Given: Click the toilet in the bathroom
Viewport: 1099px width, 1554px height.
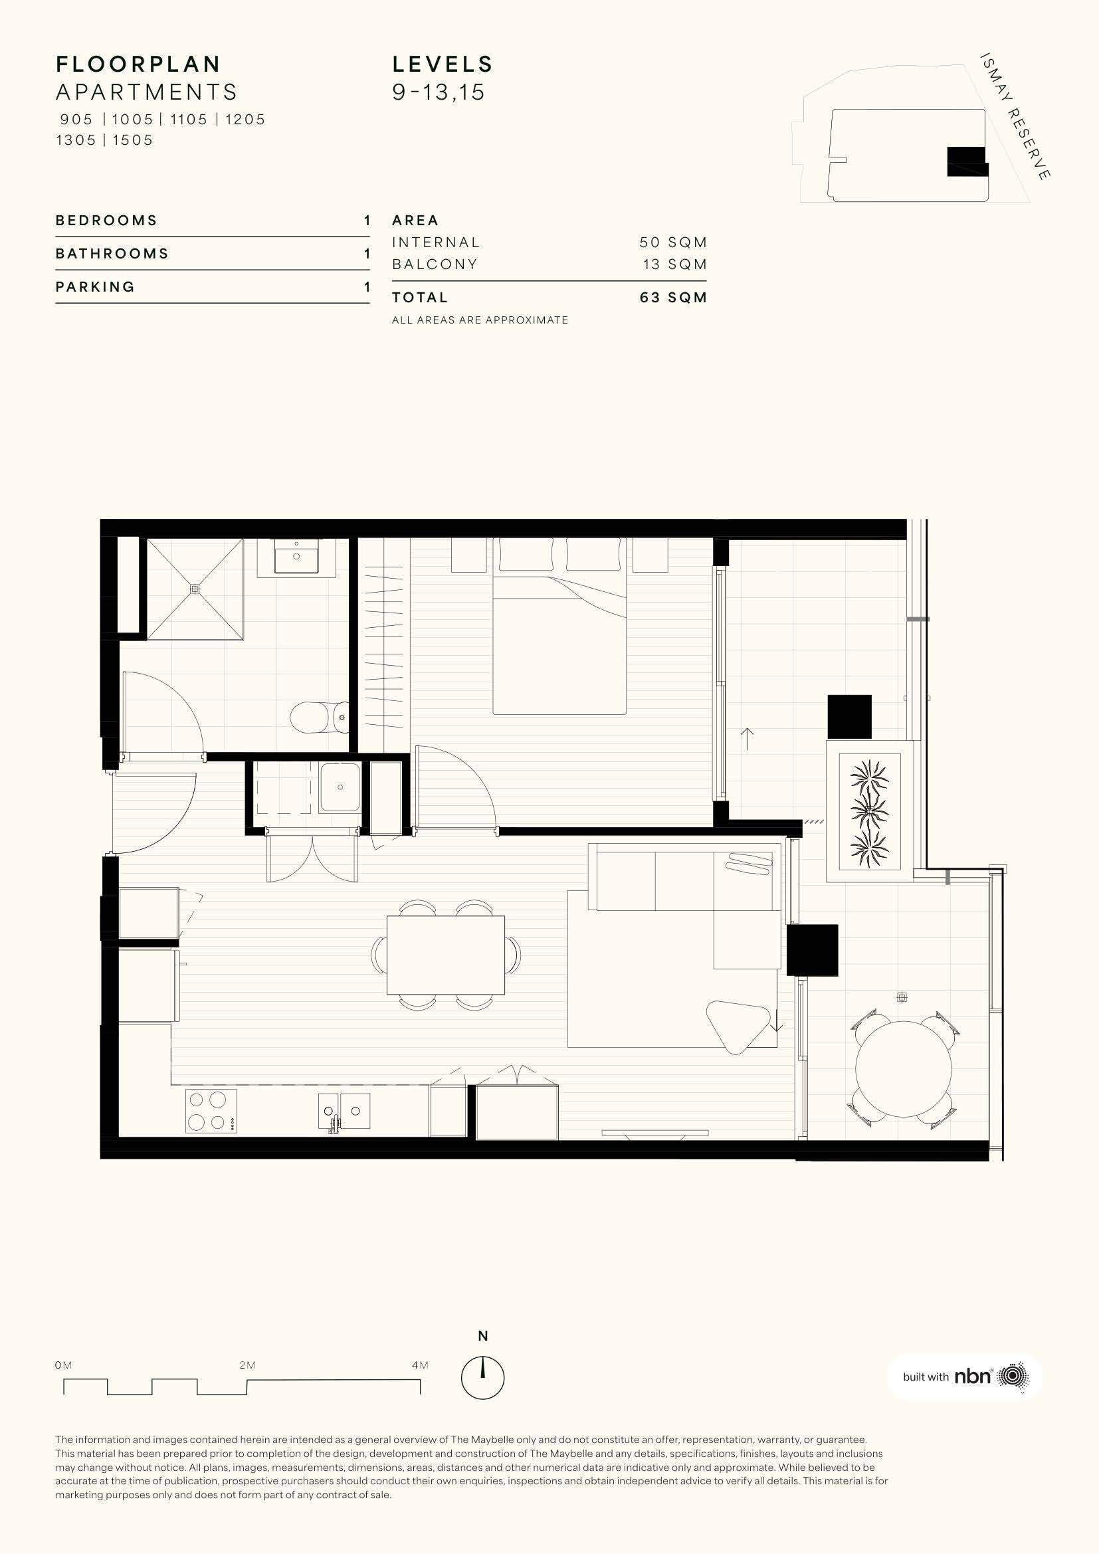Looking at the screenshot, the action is (320, 718).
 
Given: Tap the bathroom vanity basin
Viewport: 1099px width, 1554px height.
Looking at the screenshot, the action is (297, 556).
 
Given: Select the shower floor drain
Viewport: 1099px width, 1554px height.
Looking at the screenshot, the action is (195, 589).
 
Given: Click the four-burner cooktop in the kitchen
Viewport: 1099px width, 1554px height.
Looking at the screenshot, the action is (211, 1112).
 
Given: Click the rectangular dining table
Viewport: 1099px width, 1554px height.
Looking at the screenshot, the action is (446, 955).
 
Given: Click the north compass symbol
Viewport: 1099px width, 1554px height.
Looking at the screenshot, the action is (482, 1377).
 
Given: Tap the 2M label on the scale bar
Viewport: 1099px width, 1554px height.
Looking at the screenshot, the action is (247, 1365).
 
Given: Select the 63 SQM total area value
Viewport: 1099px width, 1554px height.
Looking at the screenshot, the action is (673, 297).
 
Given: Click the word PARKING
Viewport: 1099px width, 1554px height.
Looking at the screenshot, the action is (96, 287).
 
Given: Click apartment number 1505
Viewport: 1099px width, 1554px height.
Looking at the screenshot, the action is (134, 140).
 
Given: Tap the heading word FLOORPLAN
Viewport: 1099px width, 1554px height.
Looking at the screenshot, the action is (138, 64).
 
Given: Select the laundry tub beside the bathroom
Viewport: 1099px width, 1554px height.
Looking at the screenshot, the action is (340, 787).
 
